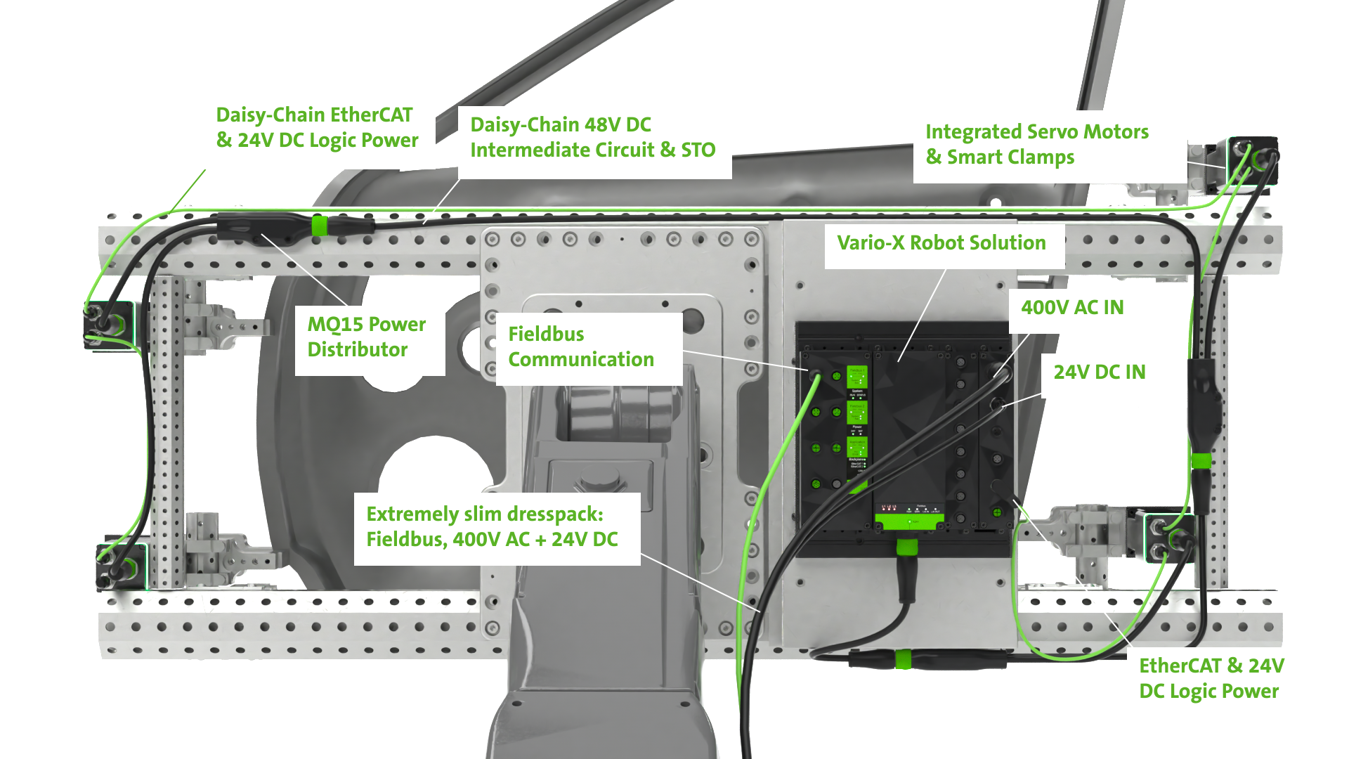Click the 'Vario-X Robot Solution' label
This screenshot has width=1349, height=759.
(941, 243)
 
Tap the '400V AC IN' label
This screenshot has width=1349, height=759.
(1072, 308)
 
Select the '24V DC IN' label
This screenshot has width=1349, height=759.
(1099, 372)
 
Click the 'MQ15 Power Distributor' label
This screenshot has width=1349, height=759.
(366, 337)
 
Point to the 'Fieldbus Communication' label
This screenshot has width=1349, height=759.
(580, 346)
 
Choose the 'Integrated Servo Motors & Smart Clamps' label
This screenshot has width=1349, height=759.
(1036, 145)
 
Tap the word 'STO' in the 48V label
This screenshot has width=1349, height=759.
(698, 150)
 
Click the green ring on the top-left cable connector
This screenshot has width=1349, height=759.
(319, 226)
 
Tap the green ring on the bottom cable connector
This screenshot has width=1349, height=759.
(904, 659)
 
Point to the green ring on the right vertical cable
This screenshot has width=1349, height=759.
(1201, 461)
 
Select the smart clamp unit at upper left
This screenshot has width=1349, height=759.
(109, 325)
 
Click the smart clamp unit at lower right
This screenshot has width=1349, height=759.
(1168, 538)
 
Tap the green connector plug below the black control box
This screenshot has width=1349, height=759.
(907, 547)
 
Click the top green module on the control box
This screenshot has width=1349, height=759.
(857, 377)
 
